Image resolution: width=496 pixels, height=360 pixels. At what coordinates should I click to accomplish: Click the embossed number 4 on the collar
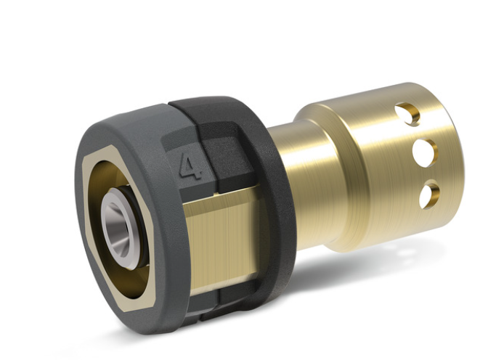191,166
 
